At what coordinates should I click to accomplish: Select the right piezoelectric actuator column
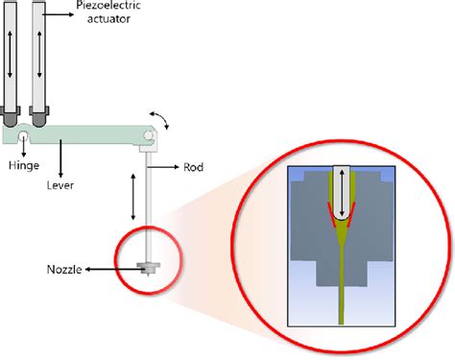click(39, 58)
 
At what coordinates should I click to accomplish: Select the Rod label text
click(195, 166)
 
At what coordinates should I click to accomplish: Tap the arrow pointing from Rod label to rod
click(171, 166)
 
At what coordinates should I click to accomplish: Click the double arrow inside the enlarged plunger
click(341, 191)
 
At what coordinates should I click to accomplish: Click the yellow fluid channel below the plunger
click(342, 278)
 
